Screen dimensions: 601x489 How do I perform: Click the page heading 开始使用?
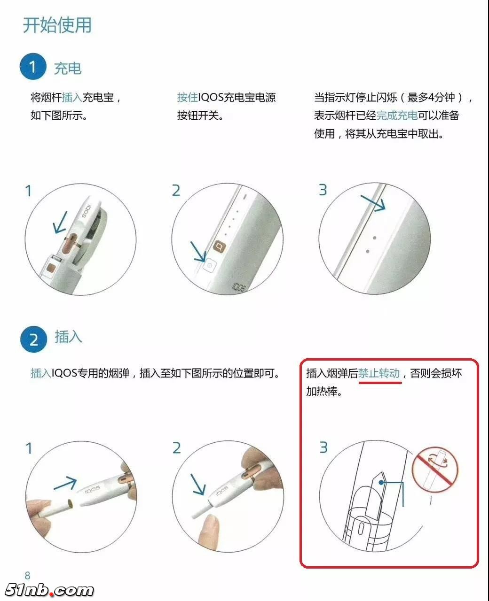(x=57, y=25)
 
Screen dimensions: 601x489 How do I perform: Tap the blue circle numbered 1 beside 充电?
(x=32, y=67)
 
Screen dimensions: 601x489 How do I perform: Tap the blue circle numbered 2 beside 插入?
(x=33, y=339)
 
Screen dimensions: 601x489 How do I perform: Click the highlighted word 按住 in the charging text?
(x=187, y=98)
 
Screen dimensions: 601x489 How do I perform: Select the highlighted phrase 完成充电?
(x=397, y=116)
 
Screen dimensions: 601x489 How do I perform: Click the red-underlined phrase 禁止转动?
(x=379, y=373)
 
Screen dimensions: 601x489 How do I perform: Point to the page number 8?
(x=27, y=576)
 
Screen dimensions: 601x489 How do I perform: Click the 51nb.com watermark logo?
(x=49, y=590)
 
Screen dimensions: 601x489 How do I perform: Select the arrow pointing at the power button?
(x=198, y=252)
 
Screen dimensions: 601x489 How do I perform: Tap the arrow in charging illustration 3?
(x=373, y=201)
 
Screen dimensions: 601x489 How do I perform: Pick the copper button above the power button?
(x=219, y=245)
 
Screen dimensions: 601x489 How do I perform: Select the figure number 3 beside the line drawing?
(x=323, y=447)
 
